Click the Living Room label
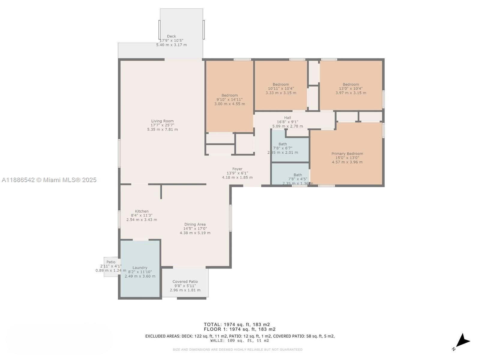(162, 121)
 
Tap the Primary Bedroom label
(347, 154)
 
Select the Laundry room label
(140, 268)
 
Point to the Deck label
(171, 36)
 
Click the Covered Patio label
(185, 282)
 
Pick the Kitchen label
(142, 211)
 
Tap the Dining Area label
(195, 224)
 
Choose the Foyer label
(237, 169)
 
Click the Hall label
(287, 118)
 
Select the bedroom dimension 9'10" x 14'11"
(229, 100)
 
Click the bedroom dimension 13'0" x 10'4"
(351, 88)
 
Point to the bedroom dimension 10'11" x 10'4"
(281, 88)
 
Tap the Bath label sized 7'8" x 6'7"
(283, 144)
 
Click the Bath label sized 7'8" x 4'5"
(298, 175)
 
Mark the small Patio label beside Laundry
(111, 262)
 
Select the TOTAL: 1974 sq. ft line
(237, 324)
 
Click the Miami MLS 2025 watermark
(49, 180)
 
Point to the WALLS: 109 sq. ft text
(239, 340)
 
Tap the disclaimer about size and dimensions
(237, 349)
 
